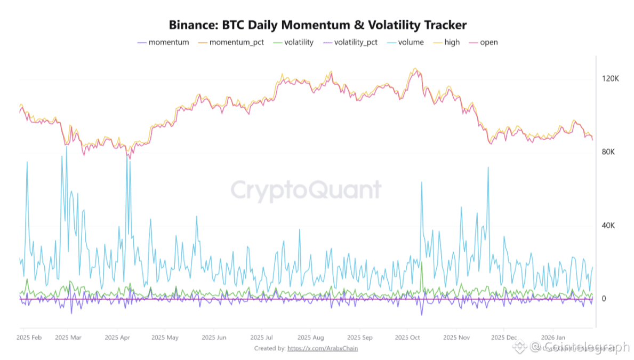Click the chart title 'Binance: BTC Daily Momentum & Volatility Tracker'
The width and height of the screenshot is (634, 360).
point(317,25)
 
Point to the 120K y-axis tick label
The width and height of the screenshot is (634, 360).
point(610,79)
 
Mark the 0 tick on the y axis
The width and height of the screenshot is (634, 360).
point(604,299)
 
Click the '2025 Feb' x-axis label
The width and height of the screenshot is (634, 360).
point(30,338)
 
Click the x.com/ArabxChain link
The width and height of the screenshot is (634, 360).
point(322,348)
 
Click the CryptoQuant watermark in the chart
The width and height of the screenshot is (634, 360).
point(306,190)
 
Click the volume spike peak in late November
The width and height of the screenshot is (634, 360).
point(487,167)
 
